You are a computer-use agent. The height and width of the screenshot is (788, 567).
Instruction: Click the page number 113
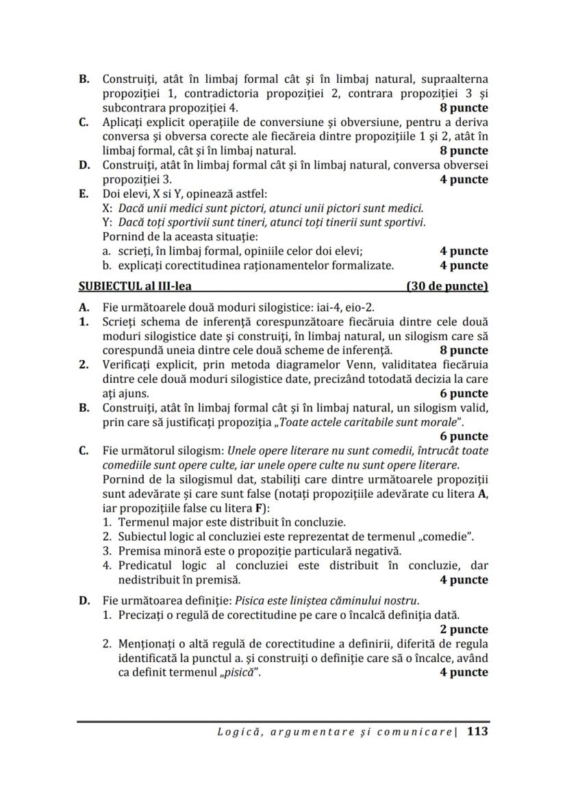point(477,731)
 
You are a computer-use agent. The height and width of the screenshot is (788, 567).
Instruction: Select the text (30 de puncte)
point(446,287)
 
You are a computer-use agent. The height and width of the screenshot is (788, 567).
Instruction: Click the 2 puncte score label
point(464,629)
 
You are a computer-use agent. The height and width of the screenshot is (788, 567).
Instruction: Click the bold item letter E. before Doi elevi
point(85,194)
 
